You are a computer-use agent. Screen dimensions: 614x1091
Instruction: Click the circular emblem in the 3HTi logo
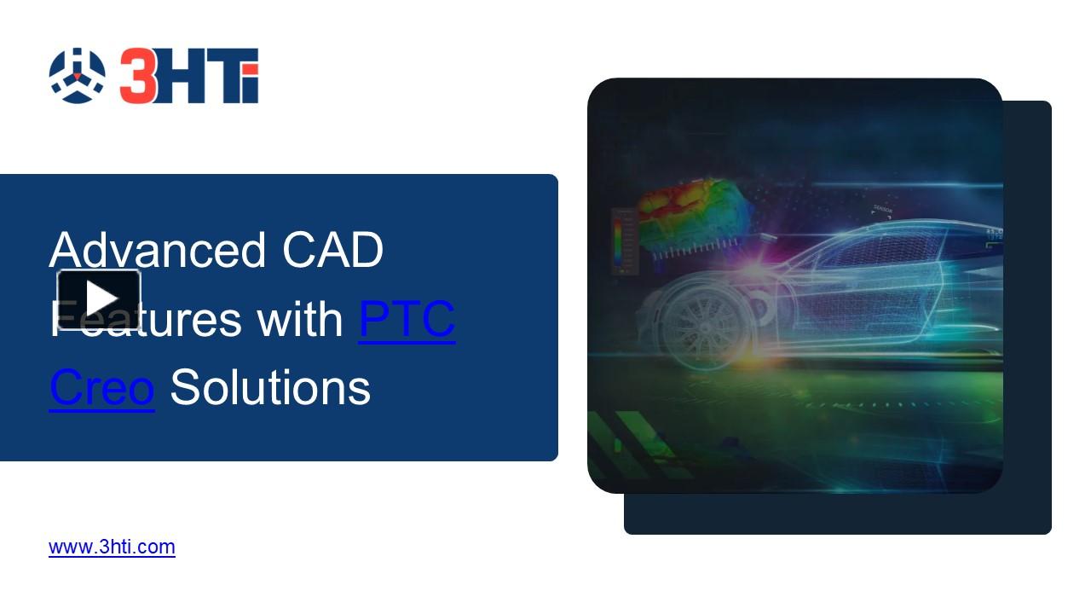tap(77, 76)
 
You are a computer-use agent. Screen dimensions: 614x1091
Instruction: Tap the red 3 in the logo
tap(138, 76)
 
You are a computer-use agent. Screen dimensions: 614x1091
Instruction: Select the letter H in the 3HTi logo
tap(180, 77)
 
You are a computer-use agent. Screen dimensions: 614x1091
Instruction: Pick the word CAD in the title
tap(332, 250)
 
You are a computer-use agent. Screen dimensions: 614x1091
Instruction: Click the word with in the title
tap(298, 319)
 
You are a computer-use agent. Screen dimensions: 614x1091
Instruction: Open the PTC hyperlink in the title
tap(407, 319)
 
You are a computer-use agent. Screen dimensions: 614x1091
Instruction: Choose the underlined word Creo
tap(101, 387)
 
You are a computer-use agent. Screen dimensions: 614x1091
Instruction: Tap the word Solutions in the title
tap(270, 387)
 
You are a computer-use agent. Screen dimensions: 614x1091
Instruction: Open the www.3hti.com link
tap(112, 547)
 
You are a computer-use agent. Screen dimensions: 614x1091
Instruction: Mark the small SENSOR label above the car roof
tap(883, 210)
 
